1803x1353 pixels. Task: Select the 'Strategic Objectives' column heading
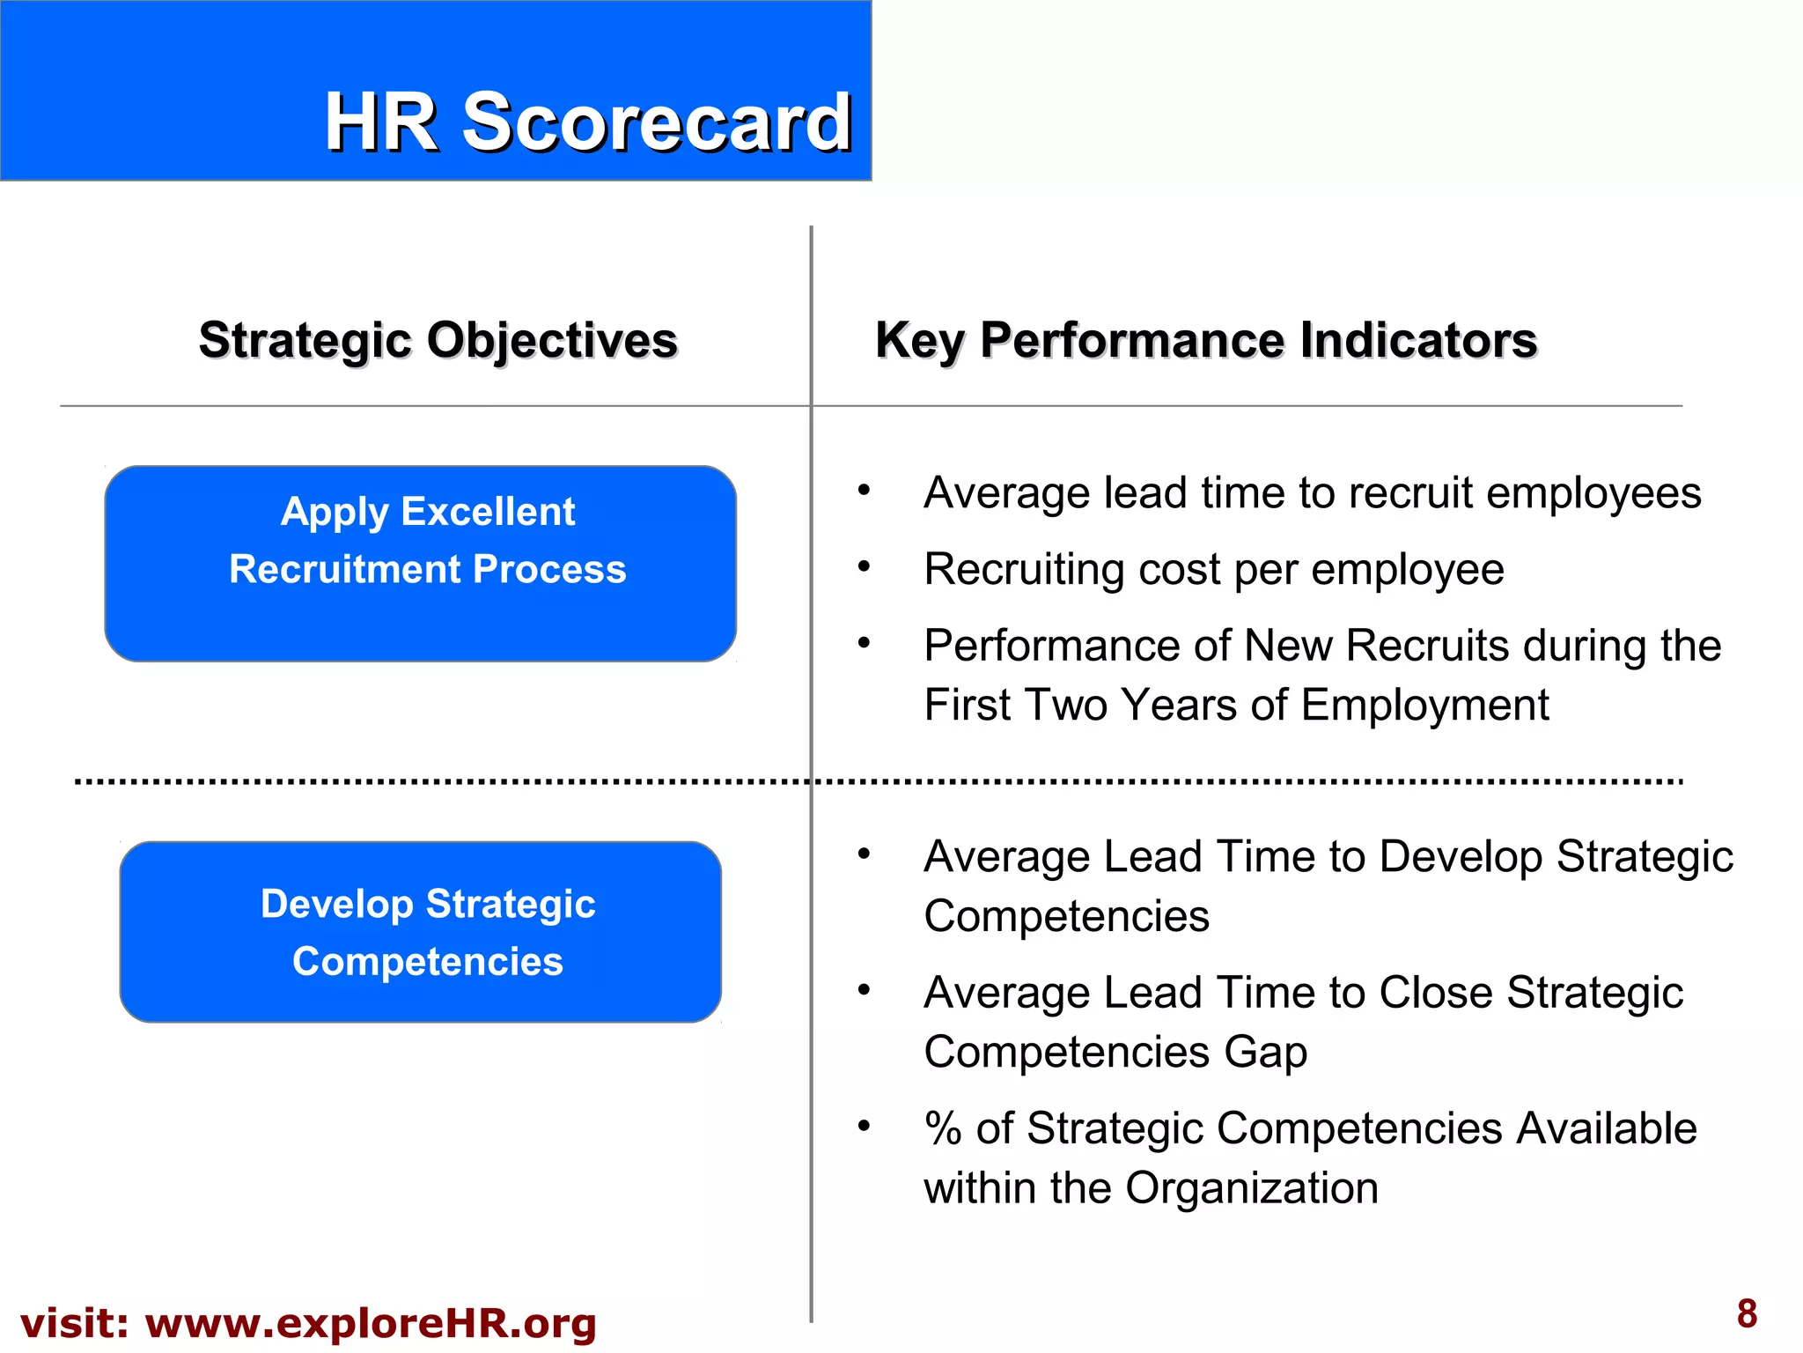point(438,340)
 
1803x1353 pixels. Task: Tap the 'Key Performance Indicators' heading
point(1205,340)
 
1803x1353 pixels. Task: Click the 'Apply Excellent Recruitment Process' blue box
point(421,564)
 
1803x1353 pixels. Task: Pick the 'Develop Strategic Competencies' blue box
point(421,932)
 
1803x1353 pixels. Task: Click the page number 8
point(1747,1314)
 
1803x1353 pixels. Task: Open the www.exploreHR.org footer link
point(371,1323)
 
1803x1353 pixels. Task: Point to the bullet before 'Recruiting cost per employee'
point(865,566)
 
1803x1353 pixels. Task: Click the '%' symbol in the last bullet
point(943,1128)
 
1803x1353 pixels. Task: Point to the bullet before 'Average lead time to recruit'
point(865,490)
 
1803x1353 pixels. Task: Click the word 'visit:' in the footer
point(74,1323)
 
